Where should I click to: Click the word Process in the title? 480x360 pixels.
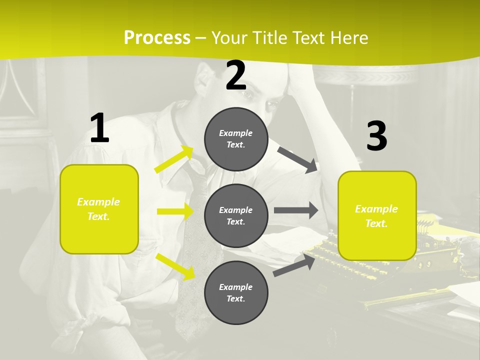157,38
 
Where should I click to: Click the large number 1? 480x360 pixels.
99,128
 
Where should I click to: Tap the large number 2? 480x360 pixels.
236,76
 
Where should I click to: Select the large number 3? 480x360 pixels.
376,136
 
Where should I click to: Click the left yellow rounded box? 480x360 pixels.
99,209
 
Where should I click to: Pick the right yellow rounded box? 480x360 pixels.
377,215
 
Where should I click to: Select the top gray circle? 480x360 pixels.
236,139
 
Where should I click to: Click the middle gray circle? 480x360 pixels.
236,215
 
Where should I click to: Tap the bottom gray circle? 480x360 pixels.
236,292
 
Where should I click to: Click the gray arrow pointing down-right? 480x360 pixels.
297,159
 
